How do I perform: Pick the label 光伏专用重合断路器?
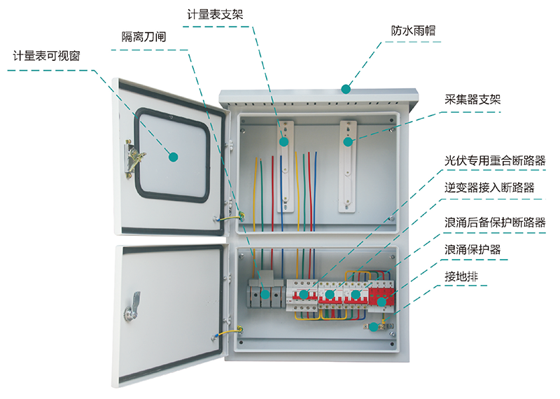(495, 161)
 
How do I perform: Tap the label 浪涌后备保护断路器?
(495, 223)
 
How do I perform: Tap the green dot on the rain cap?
(345, 88)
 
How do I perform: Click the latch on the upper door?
(133, 157)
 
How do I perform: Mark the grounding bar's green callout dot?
(374, 326)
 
